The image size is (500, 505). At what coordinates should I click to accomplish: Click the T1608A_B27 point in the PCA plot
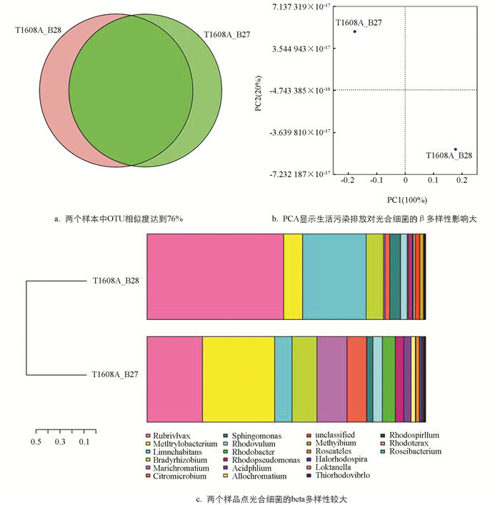click(354, 31)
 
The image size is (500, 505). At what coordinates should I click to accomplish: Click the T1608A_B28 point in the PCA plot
click(455, 149)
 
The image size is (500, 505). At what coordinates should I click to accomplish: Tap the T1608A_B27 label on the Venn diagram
click(226, 35)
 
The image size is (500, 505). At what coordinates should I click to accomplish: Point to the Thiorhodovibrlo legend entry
click(339, 475)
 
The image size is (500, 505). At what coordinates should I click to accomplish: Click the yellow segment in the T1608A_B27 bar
click(238, 379)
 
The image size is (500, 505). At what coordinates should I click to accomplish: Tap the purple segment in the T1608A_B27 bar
click(331, 379)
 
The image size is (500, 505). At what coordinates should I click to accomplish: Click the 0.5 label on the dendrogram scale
click(36, 441)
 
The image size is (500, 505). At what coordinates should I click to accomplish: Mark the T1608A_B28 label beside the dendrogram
click(116, 281)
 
